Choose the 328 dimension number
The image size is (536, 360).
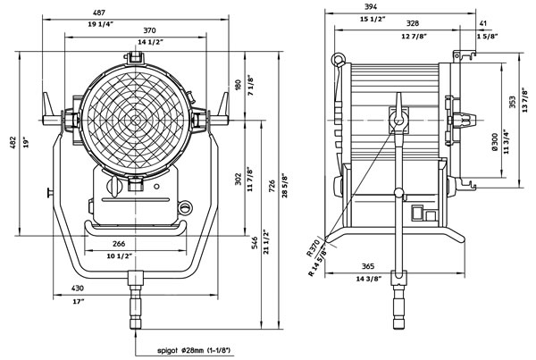pyautogui.click(x=387, y=23)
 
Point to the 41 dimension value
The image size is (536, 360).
pyautogui.click(x=482, y=23)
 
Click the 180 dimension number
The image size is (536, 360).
pyautogui.click(x=239, y=85)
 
